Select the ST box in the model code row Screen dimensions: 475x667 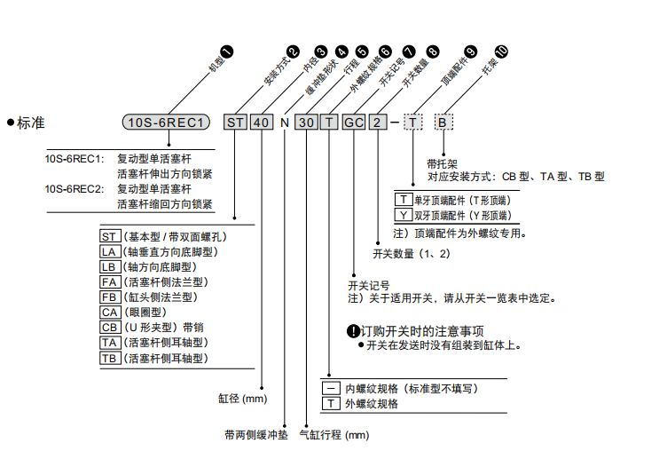[x=234, y=122]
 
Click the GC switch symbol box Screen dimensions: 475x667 [x=354, y=122]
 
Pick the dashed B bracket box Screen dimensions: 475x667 [x=442, y=122]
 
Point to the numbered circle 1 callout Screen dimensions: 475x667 [x=226, y=55]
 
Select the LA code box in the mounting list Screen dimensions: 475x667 [x=110, y=251]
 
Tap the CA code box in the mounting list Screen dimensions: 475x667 [x=110, y=312]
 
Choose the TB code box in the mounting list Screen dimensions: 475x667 [x=110, y=358]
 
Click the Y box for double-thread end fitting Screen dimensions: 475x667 [x=404, y=215]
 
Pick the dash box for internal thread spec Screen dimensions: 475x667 [x=330, y=388]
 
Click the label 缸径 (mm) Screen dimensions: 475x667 [x=242, y=399]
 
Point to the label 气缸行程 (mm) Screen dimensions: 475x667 [x=333, y=435]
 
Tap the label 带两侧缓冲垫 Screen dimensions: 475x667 [x=256, y=435]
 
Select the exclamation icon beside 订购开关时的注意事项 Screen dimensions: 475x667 [x=352, y=331]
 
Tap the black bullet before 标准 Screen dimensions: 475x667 [x=11, y=122]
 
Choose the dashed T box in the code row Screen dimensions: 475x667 [x=413, y=122]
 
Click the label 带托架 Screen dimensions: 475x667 [x=442, y=163]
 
